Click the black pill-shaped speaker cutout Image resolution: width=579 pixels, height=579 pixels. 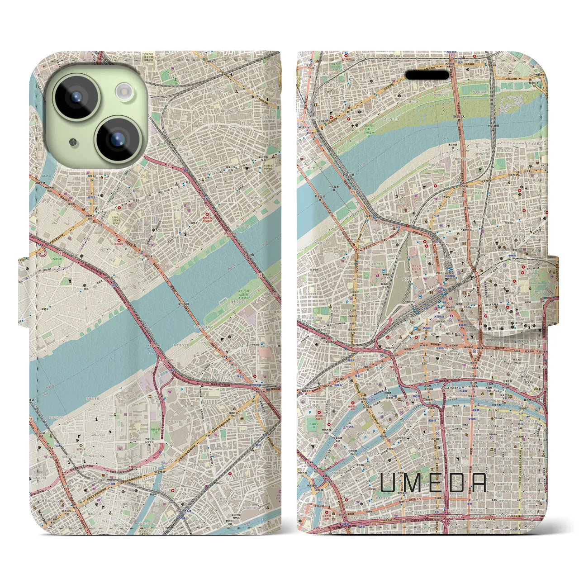[x=427, y=74]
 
